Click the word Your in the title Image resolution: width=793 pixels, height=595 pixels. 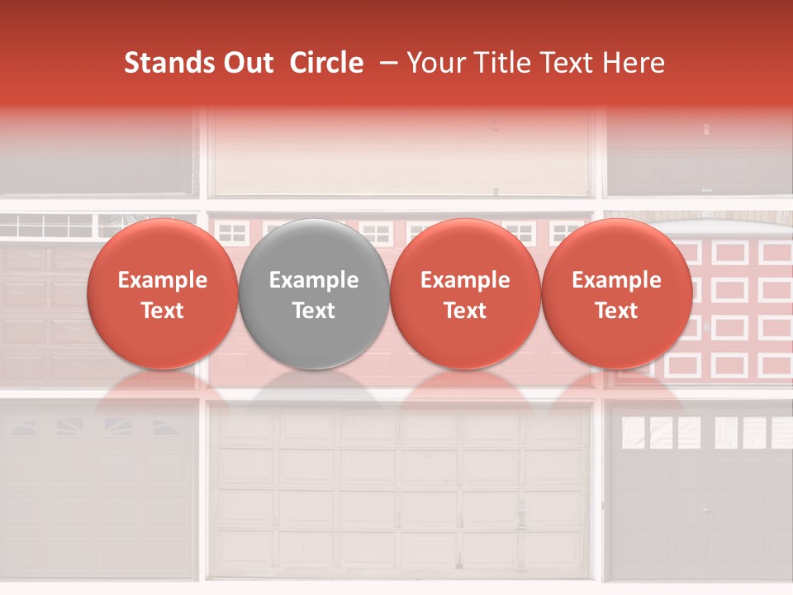click(432, 64)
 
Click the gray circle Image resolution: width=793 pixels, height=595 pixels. click(314, 293)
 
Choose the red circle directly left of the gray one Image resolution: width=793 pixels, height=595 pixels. click(163, 293)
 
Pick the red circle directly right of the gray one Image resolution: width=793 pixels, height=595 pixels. click(465, 293)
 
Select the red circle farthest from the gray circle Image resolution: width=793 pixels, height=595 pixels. click(617, 293)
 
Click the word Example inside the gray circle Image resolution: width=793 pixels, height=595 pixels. click(314, 280)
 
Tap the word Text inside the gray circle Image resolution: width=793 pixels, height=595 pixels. click(314, 311)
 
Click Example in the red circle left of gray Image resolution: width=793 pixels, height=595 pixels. click(163, 280)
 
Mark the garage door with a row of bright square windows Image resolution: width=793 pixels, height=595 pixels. click(698, 496)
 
